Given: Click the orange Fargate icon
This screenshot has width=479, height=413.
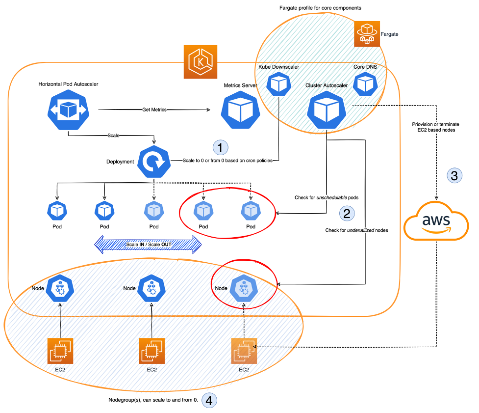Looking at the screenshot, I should coord(367,34).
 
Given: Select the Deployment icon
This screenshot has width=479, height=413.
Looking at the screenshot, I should coord(153,162).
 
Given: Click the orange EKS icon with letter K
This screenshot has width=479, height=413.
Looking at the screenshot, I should coord(200,62).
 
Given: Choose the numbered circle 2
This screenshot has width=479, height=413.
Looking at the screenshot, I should coord(347,213).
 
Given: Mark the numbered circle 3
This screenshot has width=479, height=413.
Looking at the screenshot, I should coord(454,175).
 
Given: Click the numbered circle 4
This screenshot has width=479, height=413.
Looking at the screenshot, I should coord(209,401).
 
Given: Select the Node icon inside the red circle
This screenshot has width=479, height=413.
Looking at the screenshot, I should coord(244,289).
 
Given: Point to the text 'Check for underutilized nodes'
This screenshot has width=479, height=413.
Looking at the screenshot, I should coord(357,230).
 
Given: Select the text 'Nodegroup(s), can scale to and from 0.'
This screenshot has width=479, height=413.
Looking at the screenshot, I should coord(153,401).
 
